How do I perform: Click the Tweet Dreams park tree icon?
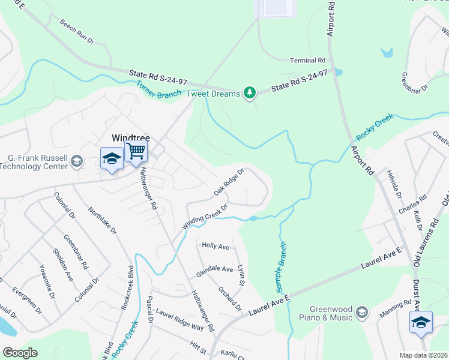[x=249, y=92]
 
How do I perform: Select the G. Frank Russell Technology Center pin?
[x=76, y=160]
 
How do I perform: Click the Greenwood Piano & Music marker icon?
[x=361, y=311]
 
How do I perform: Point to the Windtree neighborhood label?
[x=130, y=137]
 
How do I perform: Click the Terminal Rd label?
[x=307, y=61]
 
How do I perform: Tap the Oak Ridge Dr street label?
[x=230, y=183]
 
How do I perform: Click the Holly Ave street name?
[x=215, y=246]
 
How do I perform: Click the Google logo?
[x=20, y=353]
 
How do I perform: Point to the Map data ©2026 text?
[x=423, y=355]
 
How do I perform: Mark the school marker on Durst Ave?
[x=421, y=322]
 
